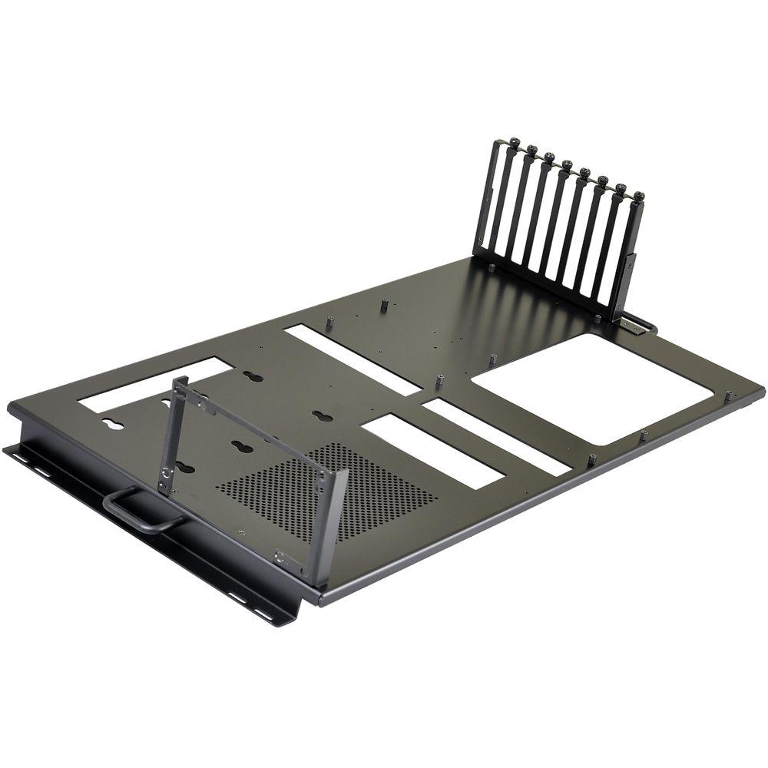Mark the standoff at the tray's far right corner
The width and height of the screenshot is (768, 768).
pos(729,395)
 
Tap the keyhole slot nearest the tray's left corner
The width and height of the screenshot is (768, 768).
pos(114,425)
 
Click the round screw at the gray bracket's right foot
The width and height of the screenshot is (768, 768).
pos(280,558)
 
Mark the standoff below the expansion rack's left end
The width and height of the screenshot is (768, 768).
pos(492,268)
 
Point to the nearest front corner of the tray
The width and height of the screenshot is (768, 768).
pos(315,600)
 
